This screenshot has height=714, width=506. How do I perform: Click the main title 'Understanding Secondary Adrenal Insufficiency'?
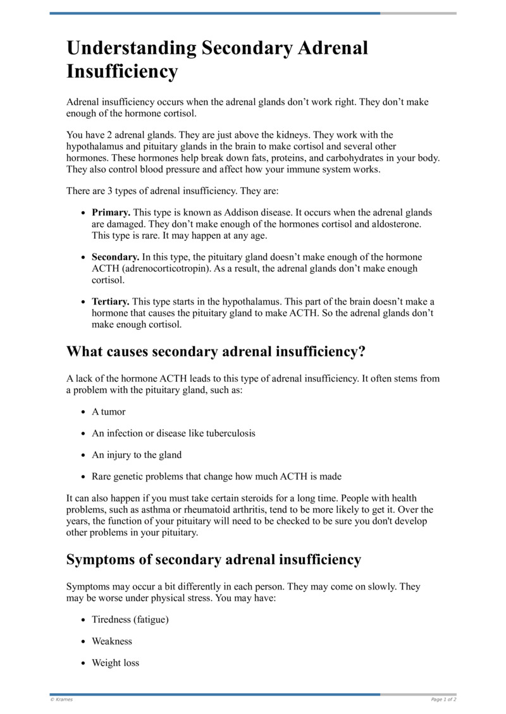pyautogui.click(x=217, y=59)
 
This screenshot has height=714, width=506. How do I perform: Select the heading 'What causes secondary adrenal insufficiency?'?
pyautogui.click(x=216, y=351)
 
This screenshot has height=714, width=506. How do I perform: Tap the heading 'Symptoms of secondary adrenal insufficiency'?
pyautogui.click(x=214, y=559)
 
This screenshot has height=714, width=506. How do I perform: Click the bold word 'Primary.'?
pyautogui.click(x=111, y=213)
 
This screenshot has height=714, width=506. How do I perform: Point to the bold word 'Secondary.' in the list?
pyautogui.click(x=116, y=257)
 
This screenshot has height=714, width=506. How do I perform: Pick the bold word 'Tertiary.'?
pyautogui.click(x=111, y=301)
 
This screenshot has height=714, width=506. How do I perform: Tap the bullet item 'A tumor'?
pyautogui.click(x=109, y=411)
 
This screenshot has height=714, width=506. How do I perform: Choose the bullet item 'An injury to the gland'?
pyautogui.click(x=137, y=455)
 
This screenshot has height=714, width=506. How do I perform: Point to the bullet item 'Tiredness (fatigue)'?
pyautogui.click(x=130, y=620)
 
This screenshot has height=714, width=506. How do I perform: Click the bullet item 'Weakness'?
pyautogui.click(x=112, y=641)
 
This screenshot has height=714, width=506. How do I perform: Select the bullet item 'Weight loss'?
pyautogui.click(x=116, y=663)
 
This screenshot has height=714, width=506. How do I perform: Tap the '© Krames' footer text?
pyautogui.click(x=61, y=699)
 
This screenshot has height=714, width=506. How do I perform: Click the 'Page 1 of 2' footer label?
pyautogui.click(x=443, y=699)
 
